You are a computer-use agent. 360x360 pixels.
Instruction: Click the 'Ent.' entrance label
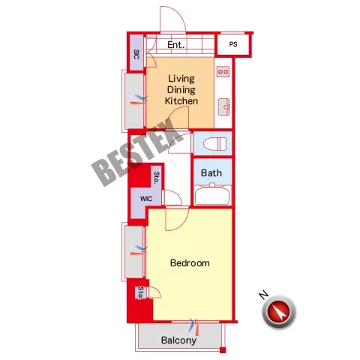176,45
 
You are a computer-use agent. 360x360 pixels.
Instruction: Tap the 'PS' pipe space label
233,44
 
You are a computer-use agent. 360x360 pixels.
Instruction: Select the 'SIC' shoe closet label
136,54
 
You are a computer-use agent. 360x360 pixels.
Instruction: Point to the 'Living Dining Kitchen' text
181,90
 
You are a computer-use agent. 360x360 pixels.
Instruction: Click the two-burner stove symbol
223,72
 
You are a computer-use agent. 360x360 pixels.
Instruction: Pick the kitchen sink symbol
223,107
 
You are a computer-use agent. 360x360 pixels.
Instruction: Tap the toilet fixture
215,144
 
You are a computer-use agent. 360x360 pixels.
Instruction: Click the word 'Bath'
211,172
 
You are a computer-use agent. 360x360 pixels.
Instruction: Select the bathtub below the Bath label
212,195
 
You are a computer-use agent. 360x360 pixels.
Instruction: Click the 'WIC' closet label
146,199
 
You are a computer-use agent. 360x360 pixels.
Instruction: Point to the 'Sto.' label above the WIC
157,178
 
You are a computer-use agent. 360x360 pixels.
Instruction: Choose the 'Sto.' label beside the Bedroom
141,292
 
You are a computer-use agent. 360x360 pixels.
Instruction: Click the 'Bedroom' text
190,263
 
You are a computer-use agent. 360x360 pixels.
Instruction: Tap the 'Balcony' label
178,340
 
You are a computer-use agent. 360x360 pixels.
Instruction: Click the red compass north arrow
280,311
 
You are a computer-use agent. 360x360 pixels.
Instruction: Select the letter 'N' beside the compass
263,295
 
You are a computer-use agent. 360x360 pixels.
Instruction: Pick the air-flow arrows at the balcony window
194,327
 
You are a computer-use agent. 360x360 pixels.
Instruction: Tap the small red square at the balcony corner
223,350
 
